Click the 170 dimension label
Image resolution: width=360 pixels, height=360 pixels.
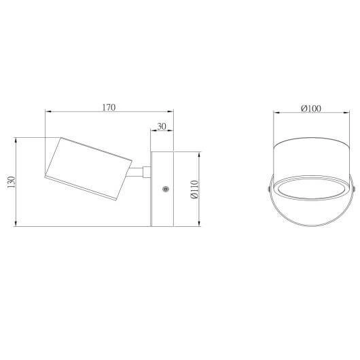click(x=109, y=107)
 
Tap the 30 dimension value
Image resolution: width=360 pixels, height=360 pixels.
click(x=162, y=126)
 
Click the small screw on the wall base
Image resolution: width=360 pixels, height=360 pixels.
click(x=165, y=190)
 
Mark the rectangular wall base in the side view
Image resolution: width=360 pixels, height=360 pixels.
click(x=163, y=188)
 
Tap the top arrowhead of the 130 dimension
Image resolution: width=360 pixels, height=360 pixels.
click(x=15, y=141)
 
